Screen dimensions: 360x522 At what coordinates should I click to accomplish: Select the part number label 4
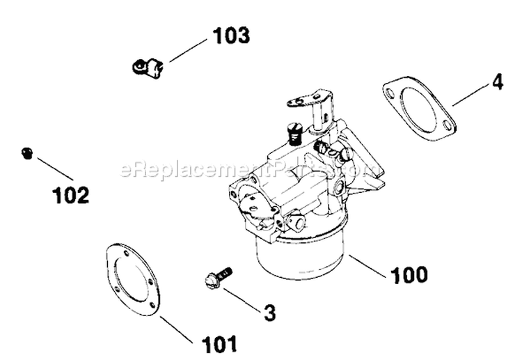pos(496,82)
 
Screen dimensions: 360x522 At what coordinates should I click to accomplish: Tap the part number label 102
pos(71,196)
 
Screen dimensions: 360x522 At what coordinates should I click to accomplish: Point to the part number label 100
pos(409,274)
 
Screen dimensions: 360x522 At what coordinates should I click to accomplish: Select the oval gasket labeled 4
pos(419,110)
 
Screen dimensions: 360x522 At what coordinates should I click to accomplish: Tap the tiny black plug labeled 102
pos(27,153)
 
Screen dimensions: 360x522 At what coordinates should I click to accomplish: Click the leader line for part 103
pos(188,50)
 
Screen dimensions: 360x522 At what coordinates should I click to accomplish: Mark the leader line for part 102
pos(55,169)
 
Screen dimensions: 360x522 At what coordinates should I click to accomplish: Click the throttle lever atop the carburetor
pos(310,101)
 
